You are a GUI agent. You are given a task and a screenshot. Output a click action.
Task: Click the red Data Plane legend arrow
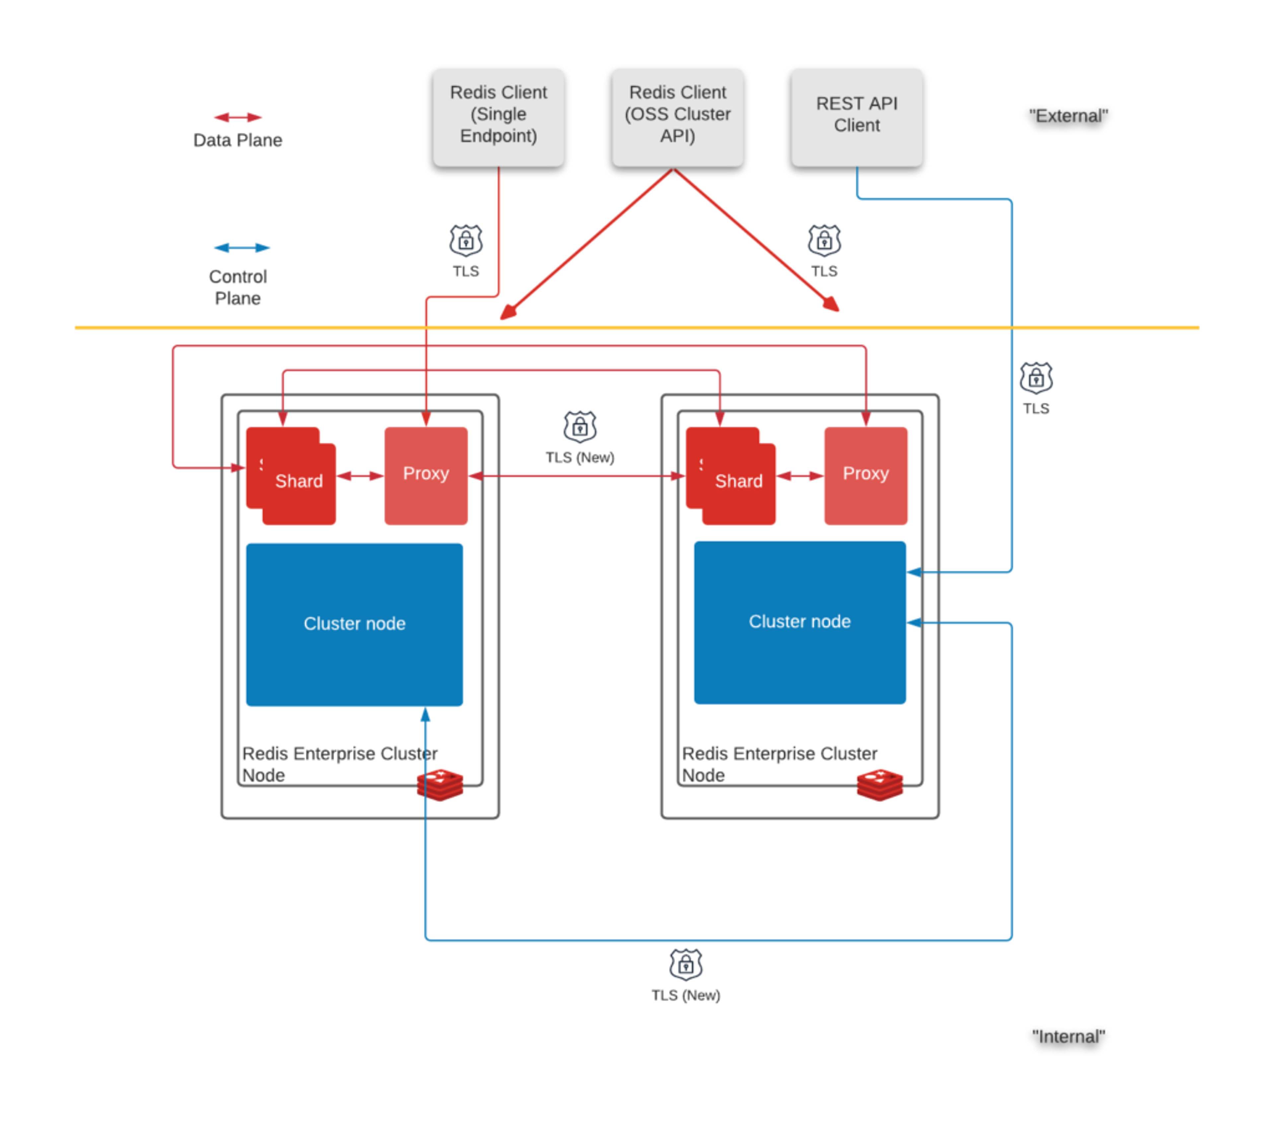pyautogui.click(x=238, y=117)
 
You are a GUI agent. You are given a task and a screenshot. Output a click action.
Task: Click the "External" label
pyautogui.click(x=1068, y=116)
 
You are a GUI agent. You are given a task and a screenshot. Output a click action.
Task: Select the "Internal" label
pyautogui.click(x=1068, y=1036)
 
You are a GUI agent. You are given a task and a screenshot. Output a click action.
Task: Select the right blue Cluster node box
pyautogui.click(x=800, y=622)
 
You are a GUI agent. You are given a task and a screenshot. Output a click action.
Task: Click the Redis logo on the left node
pyautogui.click(x=440, y=785)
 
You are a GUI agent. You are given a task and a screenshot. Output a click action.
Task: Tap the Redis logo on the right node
pyautogui.click(x=880, y=785)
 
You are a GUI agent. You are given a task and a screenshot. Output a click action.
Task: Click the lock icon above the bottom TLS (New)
pyautogui.click(x=686, y=965)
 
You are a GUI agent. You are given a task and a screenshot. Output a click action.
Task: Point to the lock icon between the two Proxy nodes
pyautogui.click(x=580, y=427)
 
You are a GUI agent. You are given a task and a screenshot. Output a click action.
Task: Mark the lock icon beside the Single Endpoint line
pyautogui.click(x=465, y=241)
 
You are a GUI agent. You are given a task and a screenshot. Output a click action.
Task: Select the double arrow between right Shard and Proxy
pyautogui.click(x=800, y=476)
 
